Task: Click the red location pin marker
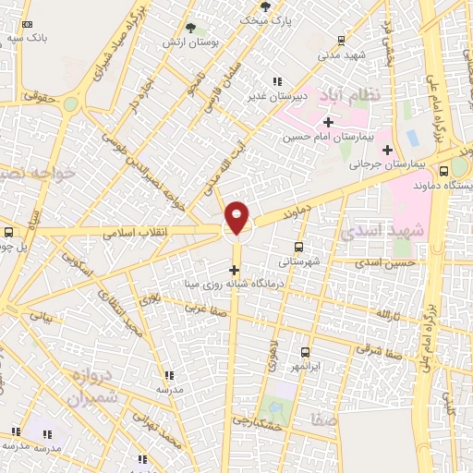[237, 216]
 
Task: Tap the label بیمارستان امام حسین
[328, 137]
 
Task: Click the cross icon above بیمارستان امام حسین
[328, 121]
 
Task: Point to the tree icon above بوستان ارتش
[190, 29]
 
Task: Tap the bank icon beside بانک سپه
[28, 25]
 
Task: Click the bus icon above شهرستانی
[298, 247]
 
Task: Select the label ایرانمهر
[305, 366]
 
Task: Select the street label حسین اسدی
[384, 264]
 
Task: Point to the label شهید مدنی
[344, 55]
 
